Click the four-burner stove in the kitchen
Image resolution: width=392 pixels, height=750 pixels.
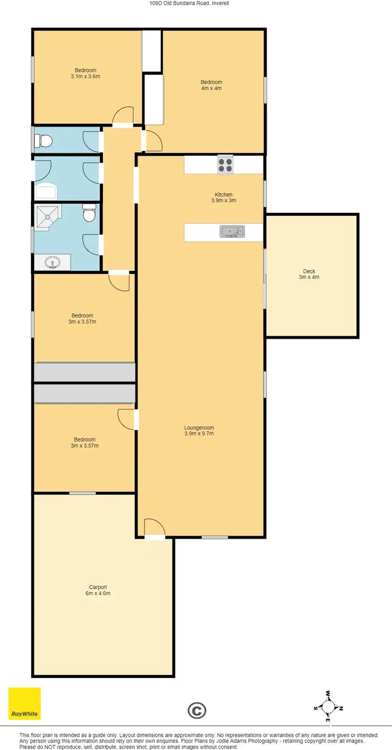tap(225, 165)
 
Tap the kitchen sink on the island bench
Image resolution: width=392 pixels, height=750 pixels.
tap(232, 231)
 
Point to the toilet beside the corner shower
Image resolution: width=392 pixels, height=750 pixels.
tap(89, 214)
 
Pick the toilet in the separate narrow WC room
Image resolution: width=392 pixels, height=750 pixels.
tap(43, 141)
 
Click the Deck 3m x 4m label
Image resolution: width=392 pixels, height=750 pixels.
tap(309, 274)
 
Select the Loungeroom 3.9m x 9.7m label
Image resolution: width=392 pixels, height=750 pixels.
tap(199, 430)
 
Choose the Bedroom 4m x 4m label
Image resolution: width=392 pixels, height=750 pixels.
tap(212, 85)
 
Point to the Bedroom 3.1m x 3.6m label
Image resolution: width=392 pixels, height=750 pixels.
tap(85, 73)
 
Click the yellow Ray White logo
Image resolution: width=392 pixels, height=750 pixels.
tap(24, 703)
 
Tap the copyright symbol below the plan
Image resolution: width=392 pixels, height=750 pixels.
tap(197, 710)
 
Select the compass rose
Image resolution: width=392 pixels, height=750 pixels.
tap(328, 707)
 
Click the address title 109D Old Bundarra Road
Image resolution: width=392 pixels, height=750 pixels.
tap(195, 3)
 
